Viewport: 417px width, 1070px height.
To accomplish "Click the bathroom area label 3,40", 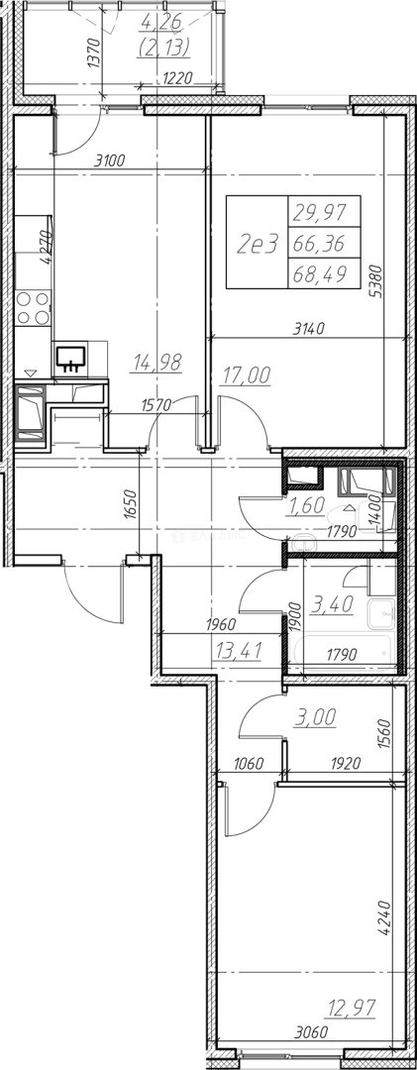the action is [329, 604].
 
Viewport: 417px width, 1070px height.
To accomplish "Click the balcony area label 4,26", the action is [162, 25].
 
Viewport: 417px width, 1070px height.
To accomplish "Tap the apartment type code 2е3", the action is [258, 243].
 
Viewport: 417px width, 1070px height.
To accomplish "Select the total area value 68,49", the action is [318, 273].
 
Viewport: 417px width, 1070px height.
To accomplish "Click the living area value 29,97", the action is [318, 214].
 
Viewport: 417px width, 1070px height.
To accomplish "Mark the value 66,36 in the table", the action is [318, 243].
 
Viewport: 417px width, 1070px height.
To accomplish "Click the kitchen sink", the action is [71, 358].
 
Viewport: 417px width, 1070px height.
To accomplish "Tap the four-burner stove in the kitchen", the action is [33, 307].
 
